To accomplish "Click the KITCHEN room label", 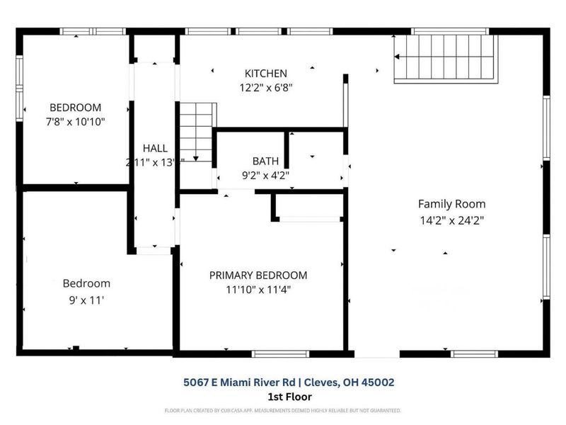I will pos(266,74).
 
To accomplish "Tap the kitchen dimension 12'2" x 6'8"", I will pos(266,89).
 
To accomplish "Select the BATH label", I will pos(265,161).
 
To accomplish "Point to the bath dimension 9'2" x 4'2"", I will pos(265,175).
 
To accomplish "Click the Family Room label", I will pos(451,204).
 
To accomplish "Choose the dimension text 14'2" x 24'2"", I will pos(451,220).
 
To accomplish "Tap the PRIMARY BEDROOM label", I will pos(258,275).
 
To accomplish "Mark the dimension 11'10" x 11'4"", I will pos(258,289).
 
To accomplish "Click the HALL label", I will pos(155,148).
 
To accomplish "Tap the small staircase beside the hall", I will pos(195,132).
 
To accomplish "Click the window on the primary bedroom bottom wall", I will pos(280,353).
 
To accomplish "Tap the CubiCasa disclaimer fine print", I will pos(283,410).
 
